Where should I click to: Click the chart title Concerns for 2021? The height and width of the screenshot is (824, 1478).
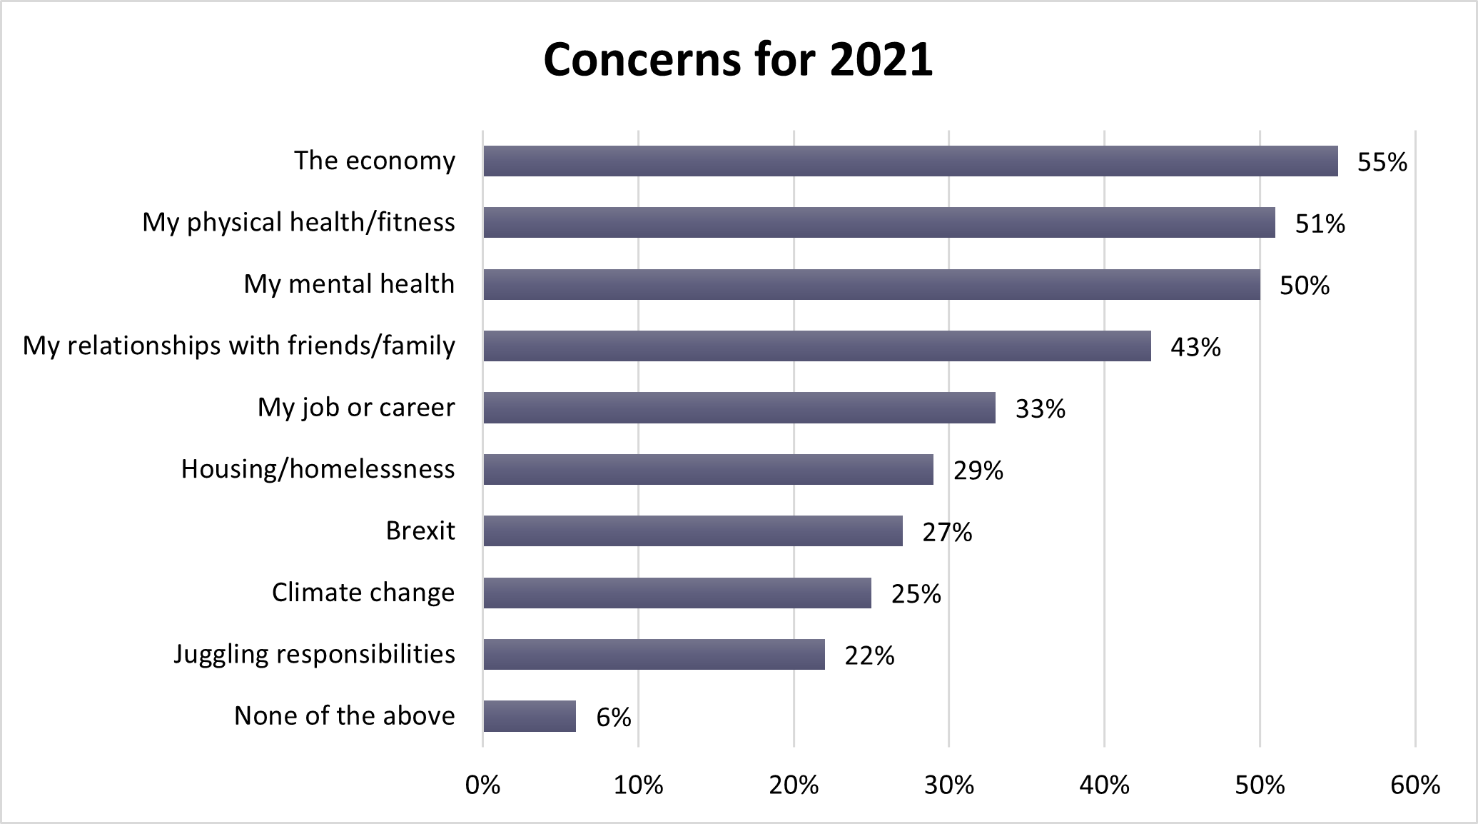(x=738, y=59)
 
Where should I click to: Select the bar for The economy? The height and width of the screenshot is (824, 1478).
(x=910, y=161)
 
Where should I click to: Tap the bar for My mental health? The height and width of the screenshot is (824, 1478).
(x=871, y=284)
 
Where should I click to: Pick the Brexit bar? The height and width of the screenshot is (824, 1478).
(x=692, y=531)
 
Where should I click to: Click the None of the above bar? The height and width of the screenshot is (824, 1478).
(x=530, y=716)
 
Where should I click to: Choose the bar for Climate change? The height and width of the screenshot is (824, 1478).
(x=677, y=593)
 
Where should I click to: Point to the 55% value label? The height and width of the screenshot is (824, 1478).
(x=1382, y=163)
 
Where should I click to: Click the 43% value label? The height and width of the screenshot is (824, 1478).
(x=1195, y=348)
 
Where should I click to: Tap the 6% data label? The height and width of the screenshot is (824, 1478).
(x=614, y=718)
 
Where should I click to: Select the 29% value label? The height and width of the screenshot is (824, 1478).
(x=978, y=471)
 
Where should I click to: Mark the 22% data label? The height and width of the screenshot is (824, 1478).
(x=869, y=655)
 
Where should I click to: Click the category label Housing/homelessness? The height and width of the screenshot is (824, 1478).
(x=318, y=469)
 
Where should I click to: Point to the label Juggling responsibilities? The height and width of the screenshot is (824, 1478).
(x=314, y=654)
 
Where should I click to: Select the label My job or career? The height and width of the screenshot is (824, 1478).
(x=356, y=408)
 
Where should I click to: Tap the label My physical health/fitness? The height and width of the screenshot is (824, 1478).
(x=298, y=223)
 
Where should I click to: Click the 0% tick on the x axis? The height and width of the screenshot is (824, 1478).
(x=482, y=785)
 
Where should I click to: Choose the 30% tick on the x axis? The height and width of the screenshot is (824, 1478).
(x=948, y=785)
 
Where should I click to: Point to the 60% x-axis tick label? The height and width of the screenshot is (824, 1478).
(x=1414, y=785)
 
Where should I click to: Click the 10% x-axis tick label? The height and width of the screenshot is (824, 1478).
(x=638, y=785)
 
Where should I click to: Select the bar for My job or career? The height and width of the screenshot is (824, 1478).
(x=739, y=408)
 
